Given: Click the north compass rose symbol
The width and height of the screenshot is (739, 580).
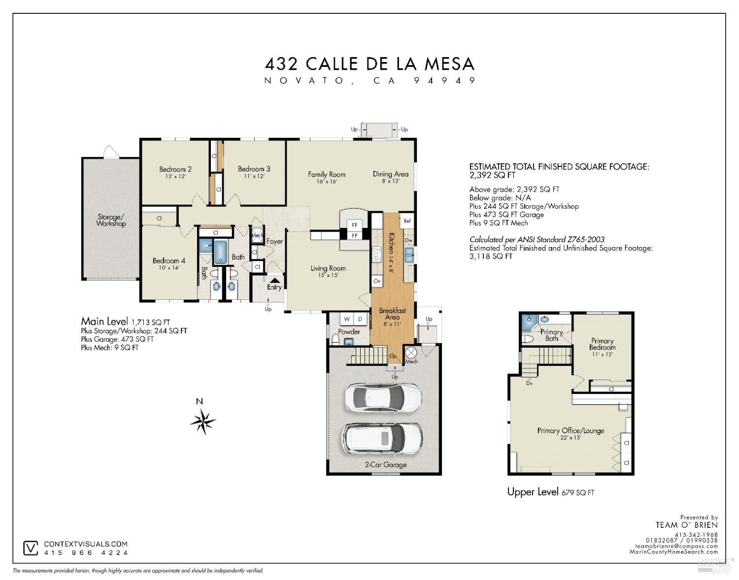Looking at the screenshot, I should point(203,421).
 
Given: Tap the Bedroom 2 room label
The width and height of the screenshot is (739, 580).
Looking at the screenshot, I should point(175,169).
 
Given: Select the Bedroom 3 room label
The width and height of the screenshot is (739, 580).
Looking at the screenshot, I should point(254,169).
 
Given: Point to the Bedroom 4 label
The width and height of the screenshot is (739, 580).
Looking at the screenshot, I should point(168,261).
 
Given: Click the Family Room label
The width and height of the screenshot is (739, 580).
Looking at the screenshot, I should point(327,174).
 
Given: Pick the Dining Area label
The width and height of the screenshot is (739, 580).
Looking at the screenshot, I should point(390,174).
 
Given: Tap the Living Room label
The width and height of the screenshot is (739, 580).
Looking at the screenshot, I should point(328,268).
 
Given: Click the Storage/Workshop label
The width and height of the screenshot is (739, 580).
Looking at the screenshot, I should point(111,220).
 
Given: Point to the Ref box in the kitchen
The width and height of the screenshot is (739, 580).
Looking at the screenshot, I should point(407,221).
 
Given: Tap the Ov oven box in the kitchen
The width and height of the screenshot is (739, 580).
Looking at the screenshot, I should point(377,281).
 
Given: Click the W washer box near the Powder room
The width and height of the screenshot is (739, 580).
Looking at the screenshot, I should point(347,320).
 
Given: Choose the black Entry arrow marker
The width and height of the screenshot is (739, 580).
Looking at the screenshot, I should point(274,280).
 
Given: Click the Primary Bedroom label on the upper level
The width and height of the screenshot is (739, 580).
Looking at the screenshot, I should point(602,344).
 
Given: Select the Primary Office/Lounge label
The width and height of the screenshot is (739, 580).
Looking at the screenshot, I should point(571,431).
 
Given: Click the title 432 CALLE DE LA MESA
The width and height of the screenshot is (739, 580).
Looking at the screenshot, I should point(369,64).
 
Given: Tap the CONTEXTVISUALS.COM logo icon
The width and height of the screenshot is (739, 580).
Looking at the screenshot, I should point(31,548).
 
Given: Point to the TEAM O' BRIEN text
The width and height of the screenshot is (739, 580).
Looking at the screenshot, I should point(686,525).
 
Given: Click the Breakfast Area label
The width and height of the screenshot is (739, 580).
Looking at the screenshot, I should point(392,314).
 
